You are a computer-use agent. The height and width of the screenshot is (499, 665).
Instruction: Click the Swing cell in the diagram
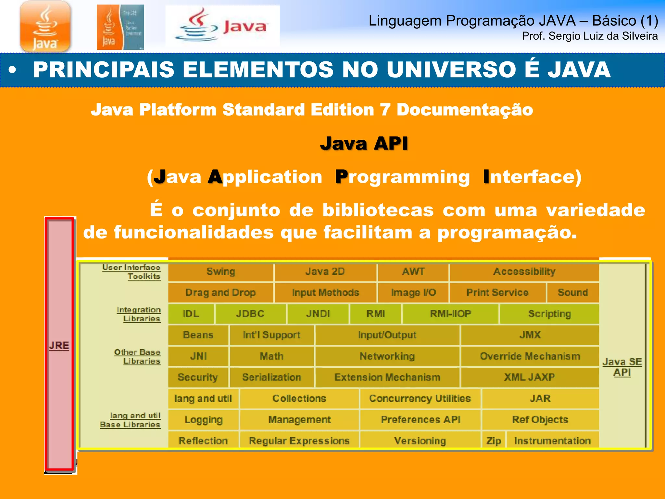(221, 272)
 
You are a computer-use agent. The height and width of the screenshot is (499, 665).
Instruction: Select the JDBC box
(250, 314)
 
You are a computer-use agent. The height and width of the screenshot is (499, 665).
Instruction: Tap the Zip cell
(494, 441)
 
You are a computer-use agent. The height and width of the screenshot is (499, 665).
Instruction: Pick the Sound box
(573, 293)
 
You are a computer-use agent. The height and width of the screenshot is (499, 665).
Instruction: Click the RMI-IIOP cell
(450, 314)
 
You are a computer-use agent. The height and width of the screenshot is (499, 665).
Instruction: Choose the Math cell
(271, 356)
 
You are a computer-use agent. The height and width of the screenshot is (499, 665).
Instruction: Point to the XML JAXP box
(529, 377)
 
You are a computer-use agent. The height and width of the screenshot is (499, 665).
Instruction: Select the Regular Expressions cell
(299, 441)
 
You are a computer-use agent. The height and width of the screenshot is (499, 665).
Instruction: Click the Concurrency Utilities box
(420, 399)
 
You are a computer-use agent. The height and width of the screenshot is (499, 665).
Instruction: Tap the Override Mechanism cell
(530, 356)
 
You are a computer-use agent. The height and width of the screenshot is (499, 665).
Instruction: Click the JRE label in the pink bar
(59, 345)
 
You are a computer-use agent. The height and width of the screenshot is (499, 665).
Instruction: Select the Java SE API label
(622, 367)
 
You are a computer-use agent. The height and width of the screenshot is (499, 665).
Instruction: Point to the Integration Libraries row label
(139, 314)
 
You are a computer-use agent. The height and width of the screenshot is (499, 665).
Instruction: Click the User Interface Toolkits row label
(132, 272)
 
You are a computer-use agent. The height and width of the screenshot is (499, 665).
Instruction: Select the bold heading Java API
(364, 144)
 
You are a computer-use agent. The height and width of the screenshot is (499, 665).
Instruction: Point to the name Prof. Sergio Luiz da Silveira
(590, 36)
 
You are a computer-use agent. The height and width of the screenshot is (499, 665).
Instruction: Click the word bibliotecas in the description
(378, 210)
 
